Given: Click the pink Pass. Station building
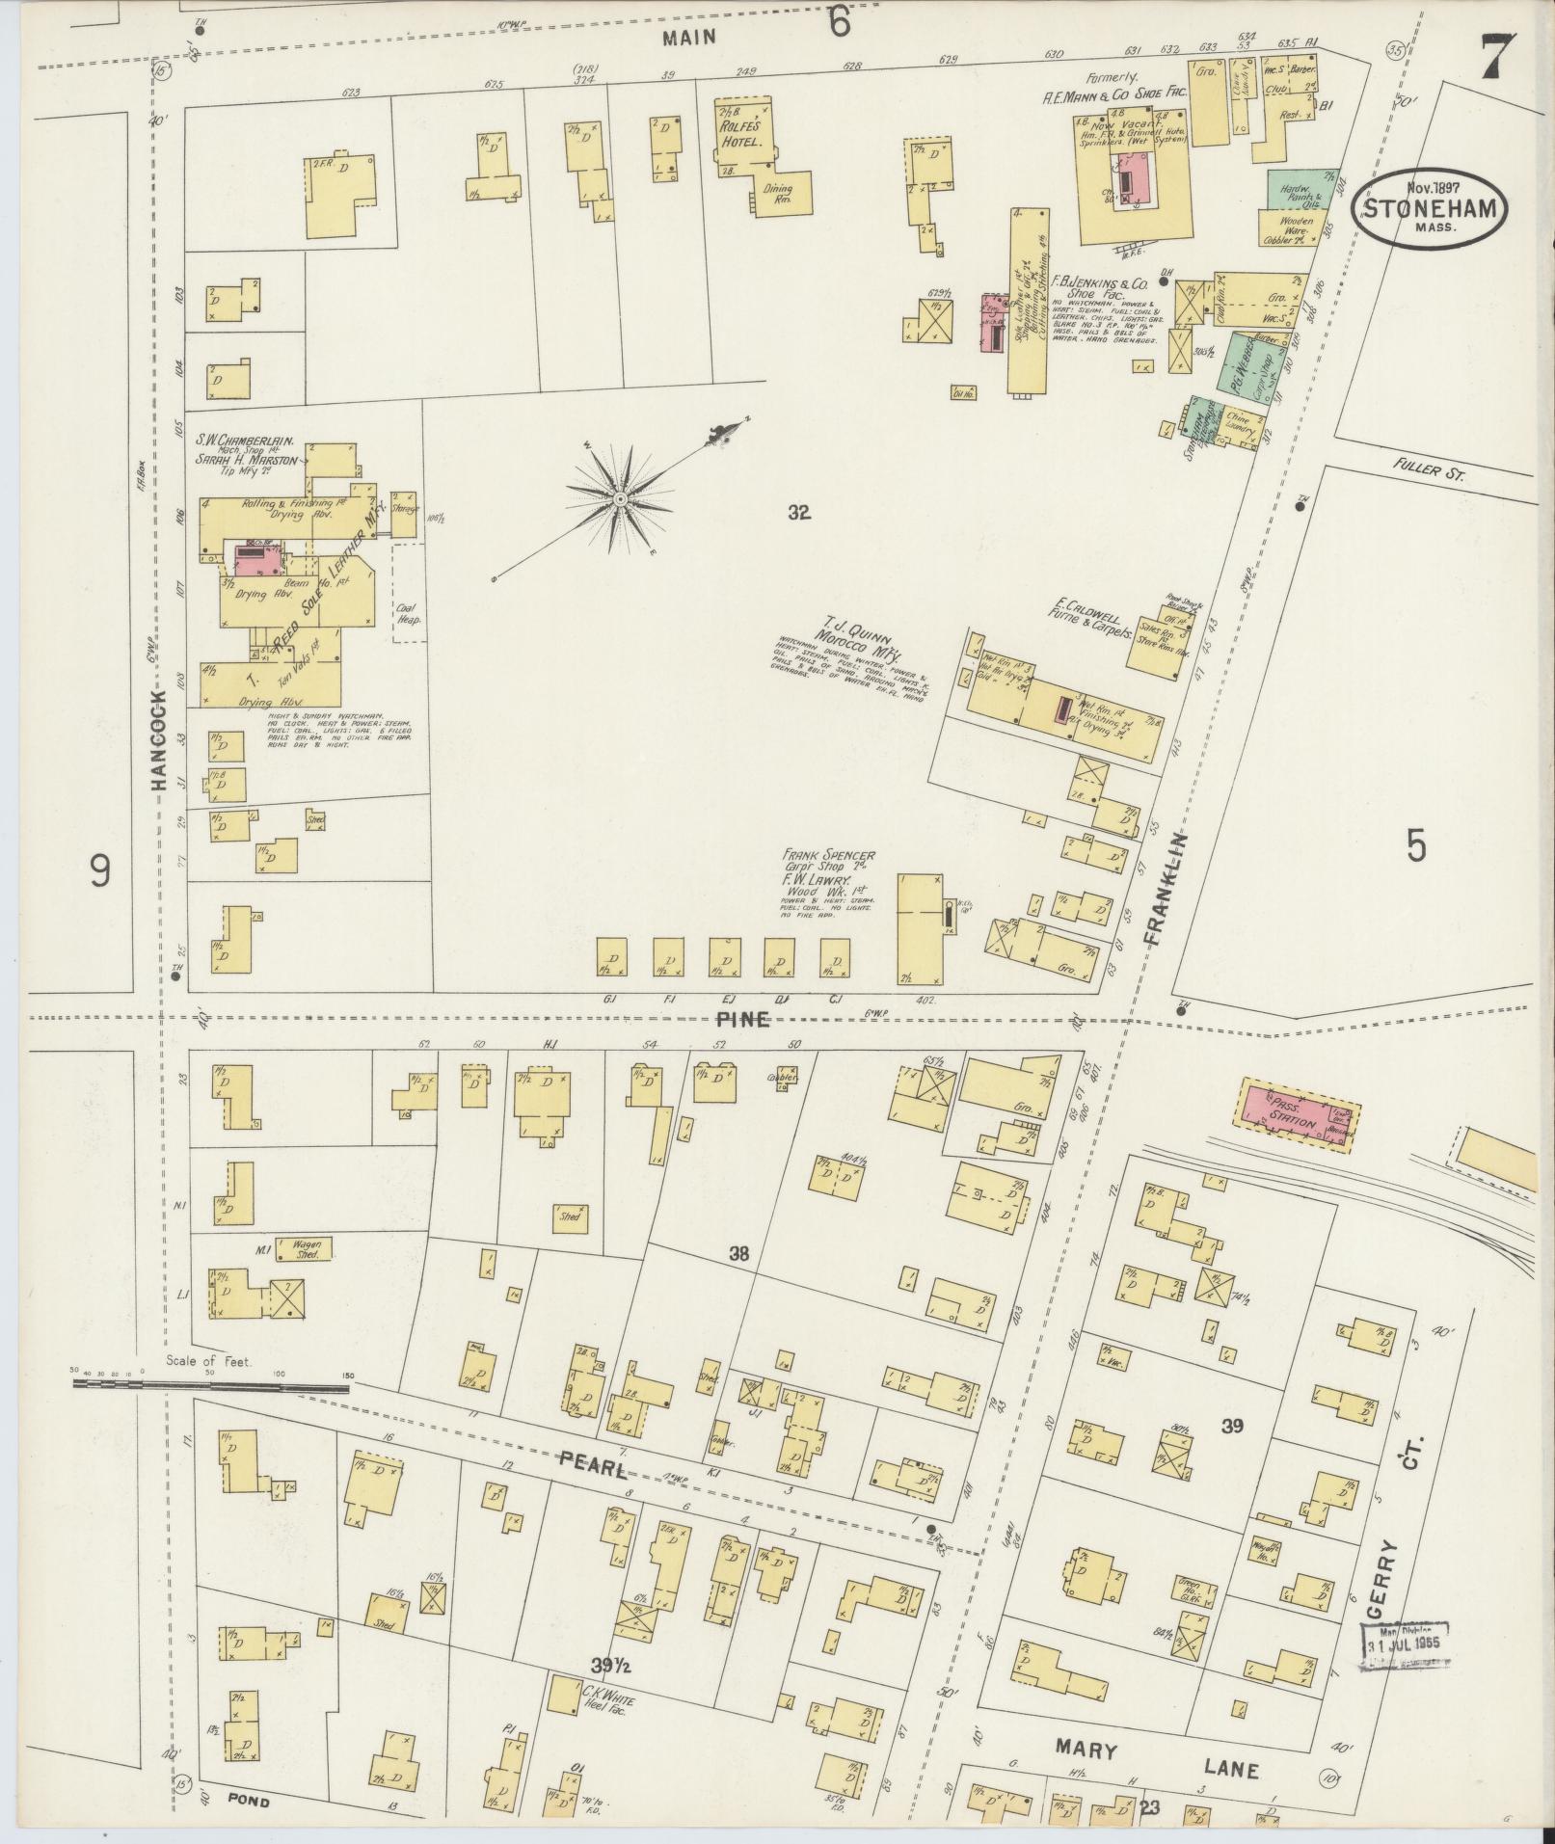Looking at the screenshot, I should point(1296,1115).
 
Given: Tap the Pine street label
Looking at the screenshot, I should point(742,1019).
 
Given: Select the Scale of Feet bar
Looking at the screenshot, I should point(212,1387).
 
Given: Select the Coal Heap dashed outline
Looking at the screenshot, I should point(407,592).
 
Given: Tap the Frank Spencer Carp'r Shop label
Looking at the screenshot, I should point(829,861).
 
